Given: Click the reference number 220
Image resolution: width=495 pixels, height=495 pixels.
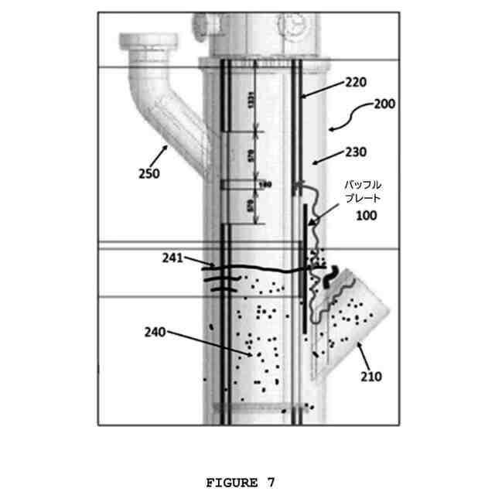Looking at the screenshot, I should click(x=357, y=82).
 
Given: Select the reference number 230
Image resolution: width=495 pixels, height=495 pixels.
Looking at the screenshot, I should click(x=356, y=152).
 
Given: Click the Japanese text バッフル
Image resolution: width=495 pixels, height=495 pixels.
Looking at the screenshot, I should click(x=362, y=186).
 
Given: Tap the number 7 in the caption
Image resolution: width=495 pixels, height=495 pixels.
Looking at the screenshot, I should click(x=271, y=483).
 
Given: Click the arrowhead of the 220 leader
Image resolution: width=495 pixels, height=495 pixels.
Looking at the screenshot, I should click(x=302, y=96).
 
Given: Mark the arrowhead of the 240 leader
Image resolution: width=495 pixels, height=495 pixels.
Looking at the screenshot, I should click(x=249, y=355).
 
